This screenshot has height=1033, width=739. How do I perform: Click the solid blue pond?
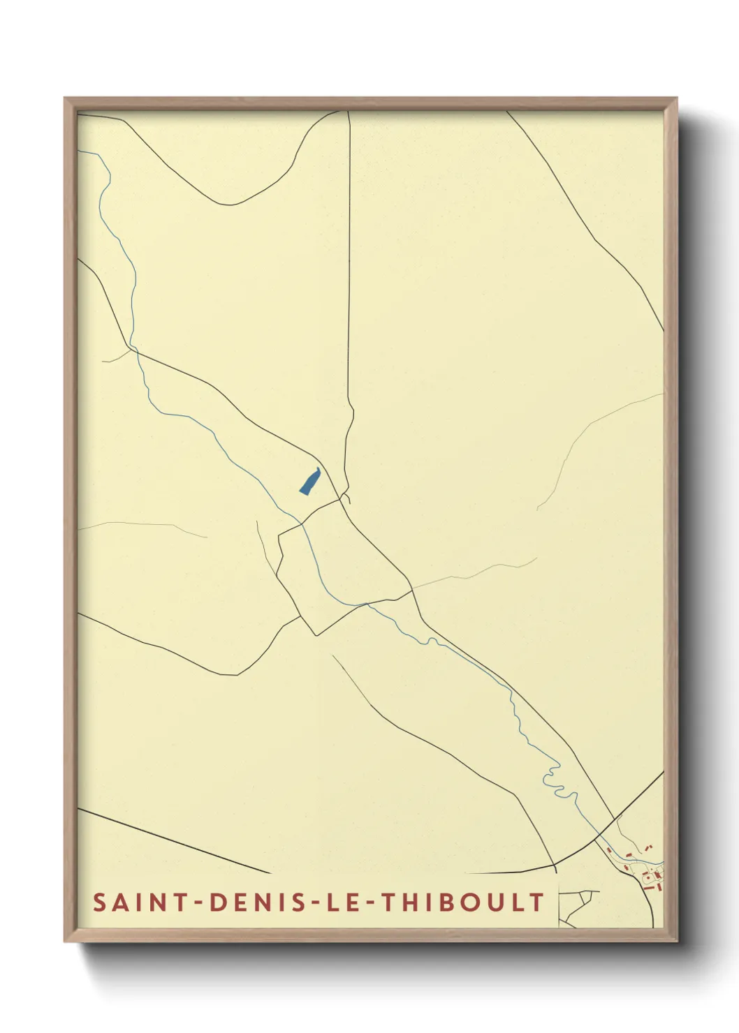coord(309,482)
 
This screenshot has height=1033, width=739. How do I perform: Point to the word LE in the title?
coord(343,902)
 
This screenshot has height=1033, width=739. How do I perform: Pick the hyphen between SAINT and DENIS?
coord(199,903)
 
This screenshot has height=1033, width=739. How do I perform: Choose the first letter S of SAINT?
coord(100,902)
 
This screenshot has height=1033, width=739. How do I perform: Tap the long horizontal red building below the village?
coord(655,888)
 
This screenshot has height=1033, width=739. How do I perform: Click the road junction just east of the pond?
coord(342,499)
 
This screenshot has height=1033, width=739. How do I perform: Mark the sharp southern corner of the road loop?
coord(316,634)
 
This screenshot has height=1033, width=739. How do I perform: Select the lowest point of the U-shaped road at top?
coord(231,205)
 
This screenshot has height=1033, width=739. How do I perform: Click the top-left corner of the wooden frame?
coord(65,98)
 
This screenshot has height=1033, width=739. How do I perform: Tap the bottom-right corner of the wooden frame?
coord(676,941)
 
